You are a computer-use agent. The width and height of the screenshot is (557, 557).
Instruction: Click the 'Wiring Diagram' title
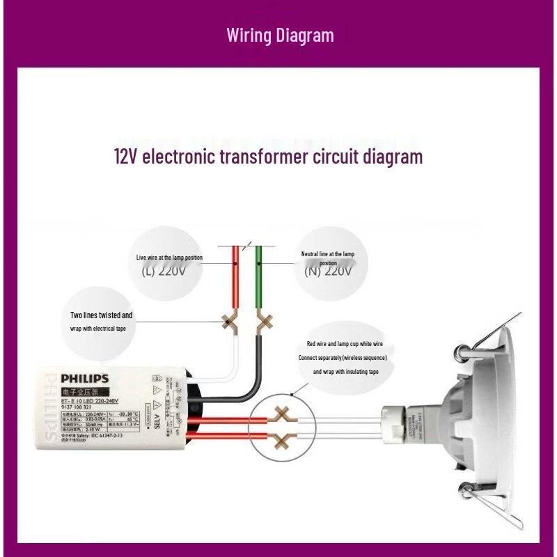280,35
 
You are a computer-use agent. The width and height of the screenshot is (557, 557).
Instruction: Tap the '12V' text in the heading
125,156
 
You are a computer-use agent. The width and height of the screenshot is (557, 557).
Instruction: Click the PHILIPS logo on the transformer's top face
84,379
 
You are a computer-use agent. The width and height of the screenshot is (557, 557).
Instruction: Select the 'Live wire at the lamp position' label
169,258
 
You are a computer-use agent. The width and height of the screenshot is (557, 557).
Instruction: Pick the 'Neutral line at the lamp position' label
327,258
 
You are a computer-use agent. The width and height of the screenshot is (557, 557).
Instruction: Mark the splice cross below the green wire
264,322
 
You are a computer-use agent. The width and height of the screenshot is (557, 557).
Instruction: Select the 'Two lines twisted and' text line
101,315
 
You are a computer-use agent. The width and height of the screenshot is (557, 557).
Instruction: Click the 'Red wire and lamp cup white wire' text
345,344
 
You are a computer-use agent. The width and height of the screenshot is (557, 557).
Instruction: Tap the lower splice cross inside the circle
281,439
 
